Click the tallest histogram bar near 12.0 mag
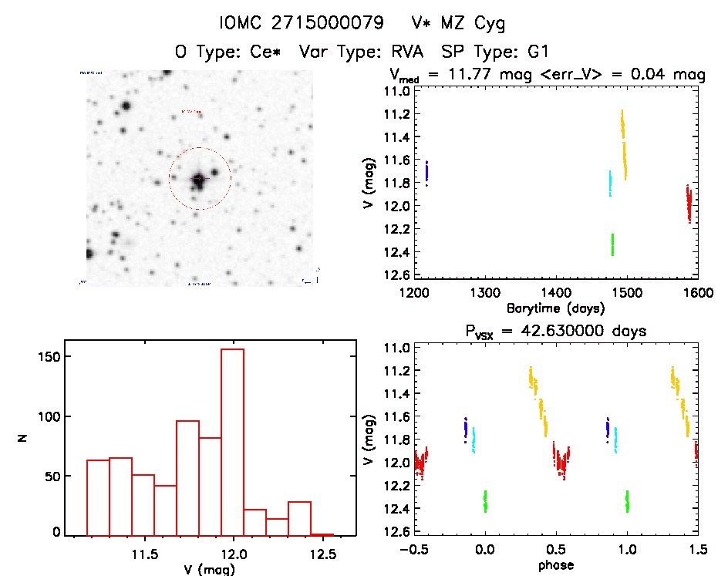click(x=232, y=440)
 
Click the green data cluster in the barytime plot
click(x=612, y=244)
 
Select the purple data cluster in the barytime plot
click(x=426, y=173)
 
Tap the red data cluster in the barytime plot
click(x=689, y=205)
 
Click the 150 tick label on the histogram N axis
click(x=50, y=357)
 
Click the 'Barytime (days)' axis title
click(x=555, y=308)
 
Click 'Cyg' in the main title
click(x=489, y=24)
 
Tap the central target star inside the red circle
click(x=199, y=178)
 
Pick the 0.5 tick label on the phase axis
click(x=556, y=551)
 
